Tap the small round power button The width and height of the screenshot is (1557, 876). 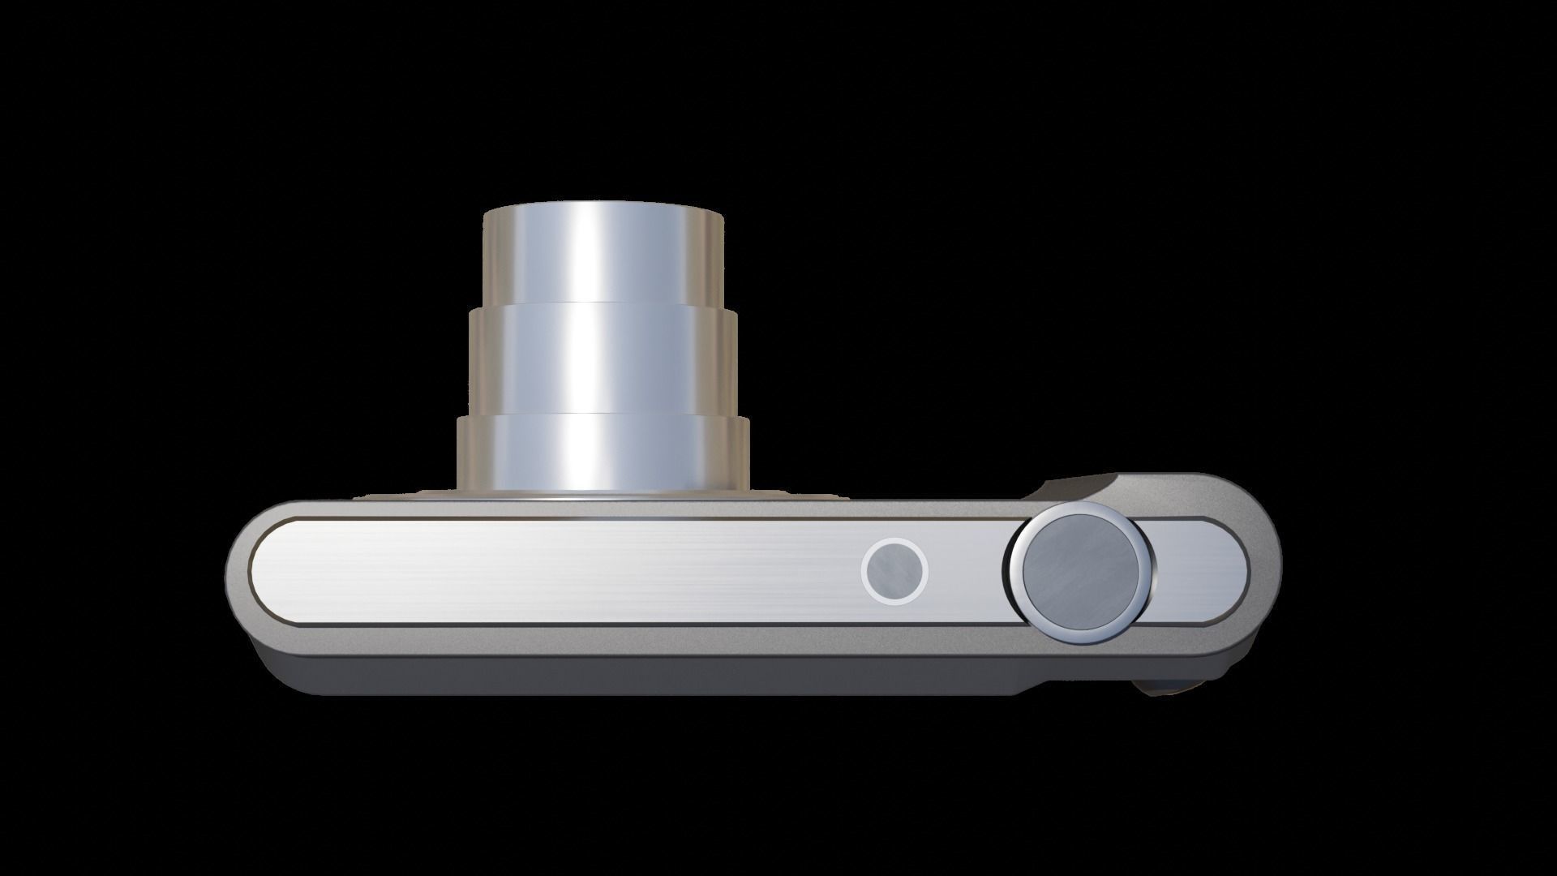(x=894, y=570)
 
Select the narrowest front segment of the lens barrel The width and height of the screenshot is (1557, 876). (x=602, y=253)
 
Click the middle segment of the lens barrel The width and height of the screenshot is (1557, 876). (x=602, y=359)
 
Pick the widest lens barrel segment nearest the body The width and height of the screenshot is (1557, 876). (x=602, y=453)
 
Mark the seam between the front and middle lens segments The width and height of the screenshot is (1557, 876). (x=602, y=304)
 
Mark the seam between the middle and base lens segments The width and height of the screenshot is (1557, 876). (x=602, y=415)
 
